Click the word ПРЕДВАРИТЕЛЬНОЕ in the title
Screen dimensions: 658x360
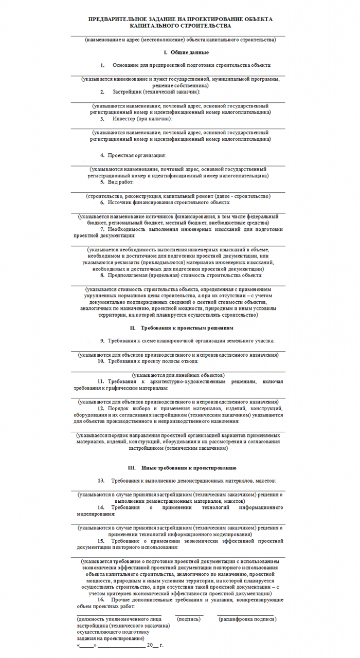point(117,19)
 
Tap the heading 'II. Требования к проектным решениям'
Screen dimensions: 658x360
point(182,327)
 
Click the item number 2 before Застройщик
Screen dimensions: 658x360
point(102,92)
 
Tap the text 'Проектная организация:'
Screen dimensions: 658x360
point(137,155)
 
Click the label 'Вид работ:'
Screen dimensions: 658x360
point(120,182)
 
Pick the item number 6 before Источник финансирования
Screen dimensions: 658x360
point(102,203)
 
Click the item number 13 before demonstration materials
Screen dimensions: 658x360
point(101,481)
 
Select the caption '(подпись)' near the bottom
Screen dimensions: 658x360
point(189,619)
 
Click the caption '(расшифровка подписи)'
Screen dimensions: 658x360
point(247,619)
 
